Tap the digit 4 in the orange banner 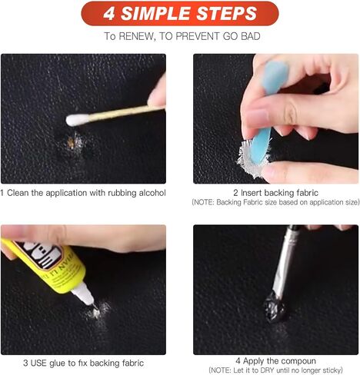click(x=109, y=14)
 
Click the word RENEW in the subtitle click(x=137, y=36)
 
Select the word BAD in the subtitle click(x=251, y=36)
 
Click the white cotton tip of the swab click(x=77, y=120)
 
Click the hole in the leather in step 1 click(x=70, y=143)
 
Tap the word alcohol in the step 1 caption click(x=152, y=193)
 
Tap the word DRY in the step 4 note click(x=268, y=370)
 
